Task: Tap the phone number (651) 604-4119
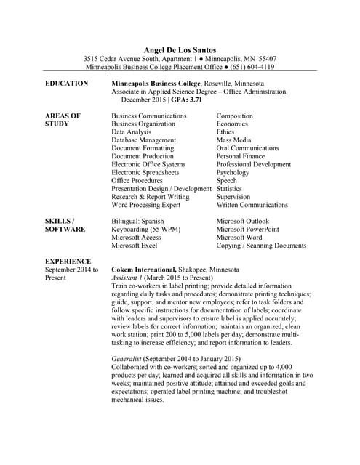click(x=252, y=67)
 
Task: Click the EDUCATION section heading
click(x=67, y=84)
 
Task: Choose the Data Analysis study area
click(x=132, y=132)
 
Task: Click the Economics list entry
click(x=232, y=124)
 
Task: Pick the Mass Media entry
click(x=233, y=140)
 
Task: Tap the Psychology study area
click(x=233, y=173)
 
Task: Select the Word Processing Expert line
click(x=145, y=205)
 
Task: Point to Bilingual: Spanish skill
click(x=137, y=222)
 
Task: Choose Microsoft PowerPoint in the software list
click(x=248, y=230)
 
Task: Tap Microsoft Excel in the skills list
click(x=135, y=246)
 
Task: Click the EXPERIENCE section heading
click(x=68, y=262)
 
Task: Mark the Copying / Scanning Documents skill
click(x=261, y=246)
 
